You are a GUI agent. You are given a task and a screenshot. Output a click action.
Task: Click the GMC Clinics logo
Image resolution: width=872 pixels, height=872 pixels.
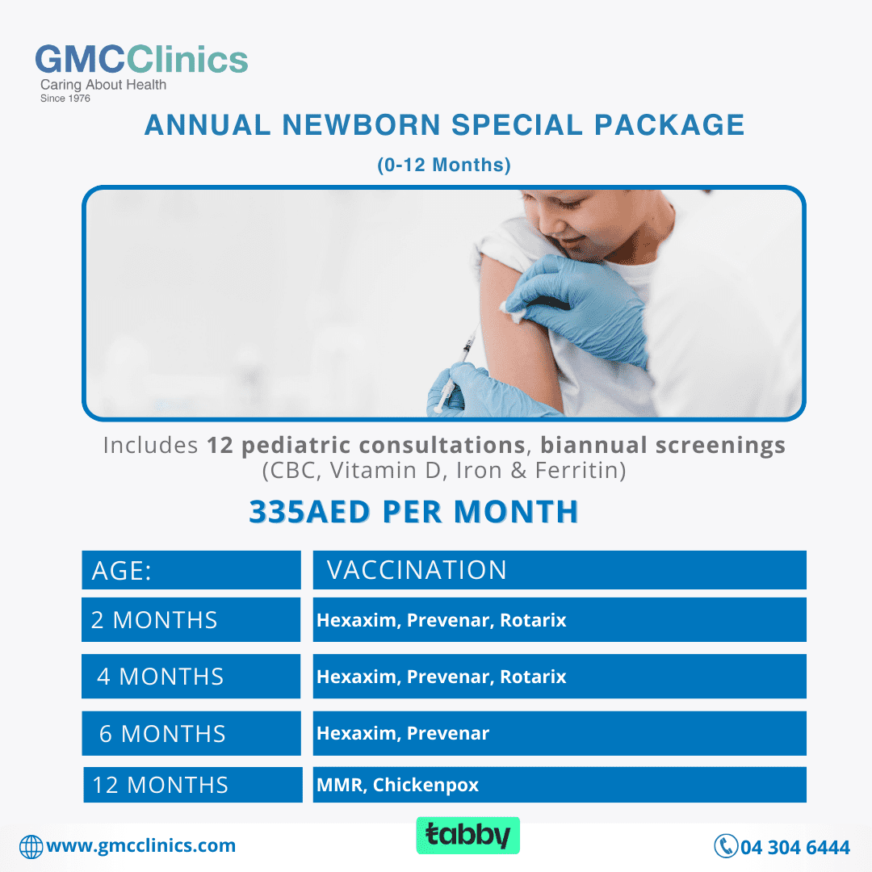pyautogui.click(x=141, y=73)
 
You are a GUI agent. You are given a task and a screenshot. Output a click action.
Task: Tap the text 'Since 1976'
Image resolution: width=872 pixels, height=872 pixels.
pyautogui.click(x=65, y=99)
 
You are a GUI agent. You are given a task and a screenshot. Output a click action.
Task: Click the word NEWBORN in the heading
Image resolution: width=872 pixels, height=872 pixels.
pyautogui.click(x=362, y=124)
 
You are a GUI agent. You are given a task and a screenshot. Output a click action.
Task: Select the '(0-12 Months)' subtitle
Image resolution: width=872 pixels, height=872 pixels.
pyautogui.click(x=444, y=165)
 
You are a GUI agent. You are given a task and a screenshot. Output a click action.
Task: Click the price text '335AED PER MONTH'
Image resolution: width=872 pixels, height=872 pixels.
pyautogui.click(x=413, y=512)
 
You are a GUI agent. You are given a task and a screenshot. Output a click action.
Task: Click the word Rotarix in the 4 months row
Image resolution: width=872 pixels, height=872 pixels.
pyautogui.click(x=533, y=677)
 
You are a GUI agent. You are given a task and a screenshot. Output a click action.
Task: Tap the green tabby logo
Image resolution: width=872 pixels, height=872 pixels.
pyautogui.click(x=467, y=836)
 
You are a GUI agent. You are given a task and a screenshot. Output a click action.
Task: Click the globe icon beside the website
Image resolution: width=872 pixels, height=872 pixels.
pyautogui.click(x=31, y=847)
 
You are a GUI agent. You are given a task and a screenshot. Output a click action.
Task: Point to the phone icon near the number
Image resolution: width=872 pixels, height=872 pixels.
pyautogui.click(x=726, y=846)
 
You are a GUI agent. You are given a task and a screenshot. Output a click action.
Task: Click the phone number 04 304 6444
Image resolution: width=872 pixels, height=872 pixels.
pyautogui.click(x=795, y=847)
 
